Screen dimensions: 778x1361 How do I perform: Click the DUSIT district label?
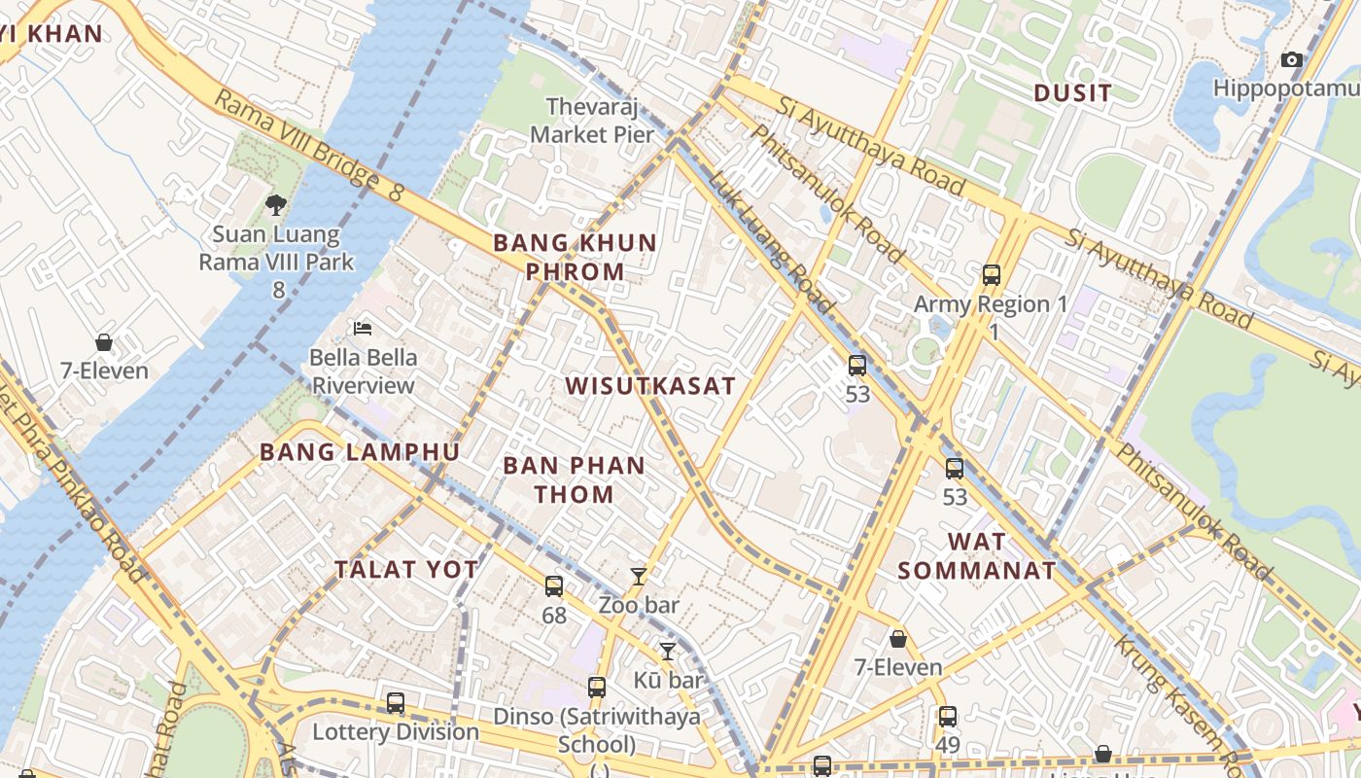(x=1072, y=93)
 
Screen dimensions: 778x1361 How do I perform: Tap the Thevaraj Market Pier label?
(x=593, y=120)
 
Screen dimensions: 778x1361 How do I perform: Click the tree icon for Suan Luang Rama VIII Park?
(x=276, y=204)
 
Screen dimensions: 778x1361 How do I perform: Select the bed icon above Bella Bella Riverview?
(x=363, y=328)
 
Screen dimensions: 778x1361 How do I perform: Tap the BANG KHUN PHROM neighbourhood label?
(x=575, y=257)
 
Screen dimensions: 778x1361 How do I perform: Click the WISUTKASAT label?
(x=650, y=385)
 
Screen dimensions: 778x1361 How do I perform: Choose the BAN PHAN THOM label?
(x=574, y=479)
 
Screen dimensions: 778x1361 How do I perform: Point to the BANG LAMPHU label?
(x=360, y=452)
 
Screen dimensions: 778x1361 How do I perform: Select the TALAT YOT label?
(x=406, y=570)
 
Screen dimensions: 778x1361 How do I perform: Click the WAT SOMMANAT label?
(x=976, y=555)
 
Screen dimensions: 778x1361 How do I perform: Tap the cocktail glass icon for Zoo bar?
(x=639, y=577)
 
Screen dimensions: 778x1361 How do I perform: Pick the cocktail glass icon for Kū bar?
(x=668, y=652)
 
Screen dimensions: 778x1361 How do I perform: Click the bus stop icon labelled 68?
(x=554, y=586)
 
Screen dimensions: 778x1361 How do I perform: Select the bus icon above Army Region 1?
(x=992, y=275)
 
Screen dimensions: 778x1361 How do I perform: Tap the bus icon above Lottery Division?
(x=396, y=703)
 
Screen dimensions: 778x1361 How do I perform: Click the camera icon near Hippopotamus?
(x=1292, y=60)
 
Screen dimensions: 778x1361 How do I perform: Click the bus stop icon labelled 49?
(x=948, y=717)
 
